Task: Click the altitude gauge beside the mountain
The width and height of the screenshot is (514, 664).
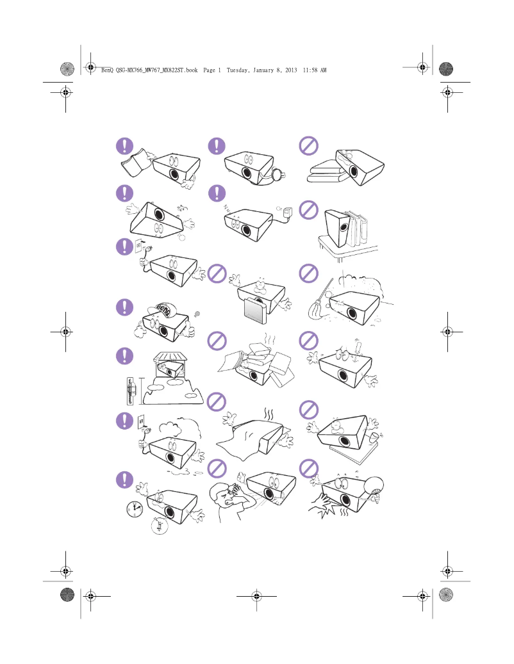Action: click(x=132, y=389)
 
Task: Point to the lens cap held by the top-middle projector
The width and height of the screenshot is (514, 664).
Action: click(x=277, y=173)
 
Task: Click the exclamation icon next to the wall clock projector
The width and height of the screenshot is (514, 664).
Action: click(x=125, y=479)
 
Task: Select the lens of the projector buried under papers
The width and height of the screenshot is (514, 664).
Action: click(x=254, y=377)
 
